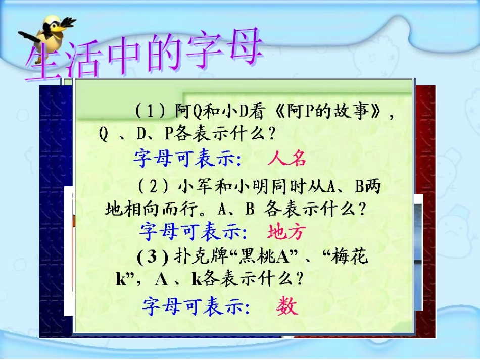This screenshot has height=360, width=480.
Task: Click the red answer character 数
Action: point(287,305)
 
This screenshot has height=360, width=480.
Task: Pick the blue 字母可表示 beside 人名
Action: point(187,159)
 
